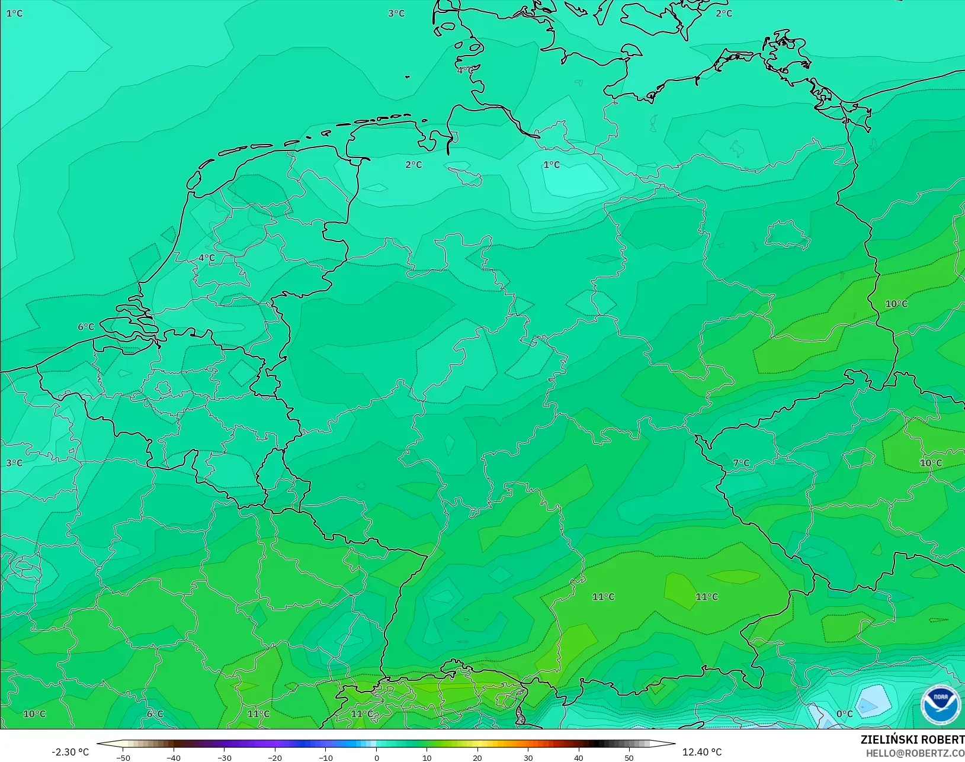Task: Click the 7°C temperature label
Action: [x=741, y=463]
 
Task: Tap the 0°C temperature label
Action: [x=844, y=714]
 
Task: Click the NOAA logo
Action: [x=940, y=705]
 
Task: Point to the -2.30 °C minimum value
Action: [x=70, y=752]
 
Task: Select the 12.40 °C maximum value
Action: [x=702, y=752]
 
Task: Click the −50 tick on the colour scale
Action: [x=123, y=758]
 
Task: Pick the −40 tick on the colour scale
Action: [x=174, y=758]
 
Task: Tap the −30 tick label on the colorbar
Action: [x=224, y=758]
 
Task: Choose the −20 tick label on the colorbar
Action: [x=275, y=758]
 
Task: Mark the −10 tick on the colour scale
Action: [x=325, y=758]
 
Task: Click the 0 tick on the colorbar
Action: [x=376, y=758]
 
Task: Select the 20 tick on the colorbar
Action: [x=477, y=758]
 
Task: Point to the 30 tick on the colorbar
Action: [x=528, y=758]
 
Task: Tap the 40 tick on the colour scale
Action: [x=579, y=758]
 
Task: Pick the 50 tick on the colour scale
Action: [x=629, y=758]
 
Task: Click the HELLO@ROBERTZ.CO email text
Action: [x=915, y=754]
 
